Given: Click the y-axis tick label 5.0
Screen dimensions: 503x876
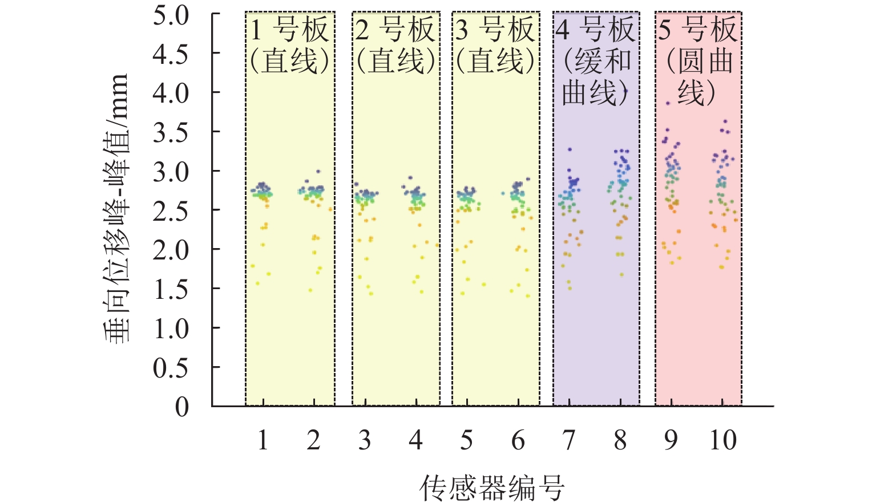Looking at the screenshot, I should [x=171, y=15].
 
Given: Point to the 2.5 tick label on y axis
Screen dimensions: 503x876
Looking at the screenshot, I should [x=171, y=211].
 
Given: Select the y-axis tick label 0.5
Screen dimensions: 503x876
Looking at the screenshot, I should [x=171, y=368].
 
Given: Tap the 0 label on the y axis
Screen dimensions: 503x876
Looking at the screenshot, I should [x=181, y=407].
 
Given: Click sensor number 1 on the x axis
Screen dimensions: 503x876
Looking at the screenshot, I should [x=263, y=440].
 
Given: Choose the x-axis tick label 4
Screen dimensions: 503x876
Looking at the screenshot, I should [x=415, y=440].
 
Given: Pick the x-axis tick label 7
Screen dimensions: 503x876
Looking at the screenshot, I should [x=569, y=440].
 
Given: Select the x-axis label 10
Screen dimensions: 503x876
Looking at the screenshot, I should [x=722, y=440].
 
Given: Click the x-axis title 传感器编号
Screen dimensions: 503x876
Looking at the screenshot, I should [x=492, y=488].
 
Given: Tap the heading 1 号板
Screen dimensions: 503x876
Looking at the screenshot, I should [x=290, y=30].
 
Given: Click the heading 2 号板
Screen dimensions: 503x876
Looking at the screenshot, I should [x=395, y=30].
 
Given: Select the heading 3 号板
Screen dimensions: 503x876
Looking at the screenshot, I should [x=495, y=30].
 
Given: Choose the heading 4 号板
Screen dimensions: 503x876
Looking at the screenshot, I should [x=596, y=30].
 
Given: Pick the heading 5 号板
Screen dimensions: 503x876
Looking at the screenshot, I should [x=698, y=30].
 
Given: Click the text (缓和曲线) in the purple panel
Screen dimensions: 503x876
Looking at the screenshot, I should [x=596, y=77].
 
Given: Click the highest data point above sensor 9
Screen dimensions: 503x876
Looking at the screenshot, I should [x=668, y=103].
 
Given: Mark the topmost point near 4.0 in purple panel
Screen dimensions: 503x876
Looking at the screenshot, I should [x=625, y=91].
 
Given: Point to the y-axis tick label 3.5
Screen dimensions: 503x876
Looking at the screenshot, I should [x=171, y=133].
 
